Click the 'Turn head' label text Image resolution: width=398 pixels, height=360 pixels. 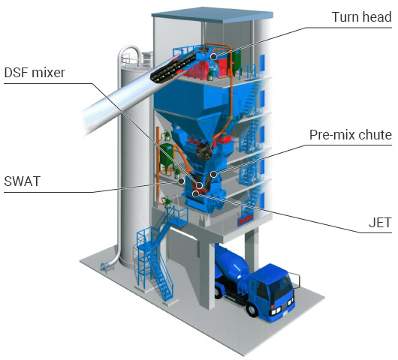pos(361,17)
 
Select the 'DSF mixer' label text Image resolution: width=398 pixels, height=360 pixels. pos(35,73)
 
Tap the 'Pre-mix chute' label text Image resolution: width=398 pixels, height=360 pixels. pos(351,134)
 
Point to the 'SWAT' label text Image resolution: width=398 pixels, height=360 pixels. pos(23,181)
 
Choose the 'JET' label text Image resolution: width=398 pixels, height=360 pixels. pos(380,223)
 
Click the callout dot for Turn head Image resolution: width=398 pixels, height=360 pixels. pos(214,56)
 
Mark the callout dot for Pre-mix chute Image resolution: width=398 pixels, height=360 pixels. pos(214,174)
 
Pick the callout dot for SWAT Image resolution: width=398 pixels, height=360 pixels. pos(181,181)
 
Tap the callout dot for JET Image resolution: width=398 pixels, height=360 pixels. pos(195,194)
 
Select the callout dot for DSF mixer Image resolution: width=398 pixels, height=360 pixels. pos(200,185)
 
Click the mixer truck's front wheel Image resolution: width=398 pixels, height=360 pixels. pos(252,310)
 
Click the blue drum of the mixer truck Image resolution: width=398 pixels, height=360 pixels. pos(231,264)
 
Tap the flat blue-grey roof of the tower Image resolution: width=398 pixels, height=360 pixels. pos(213,15)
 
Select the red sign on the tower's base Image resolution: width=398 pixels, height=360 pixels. pos(246,220)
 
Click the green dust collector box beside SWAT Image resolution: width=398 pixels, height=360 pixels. pos(167,156)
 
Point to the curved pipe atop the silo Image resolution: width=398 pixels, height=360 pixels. pos(128,55)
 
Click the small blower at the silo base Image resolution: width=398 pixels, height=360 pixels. pos(106,267)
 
